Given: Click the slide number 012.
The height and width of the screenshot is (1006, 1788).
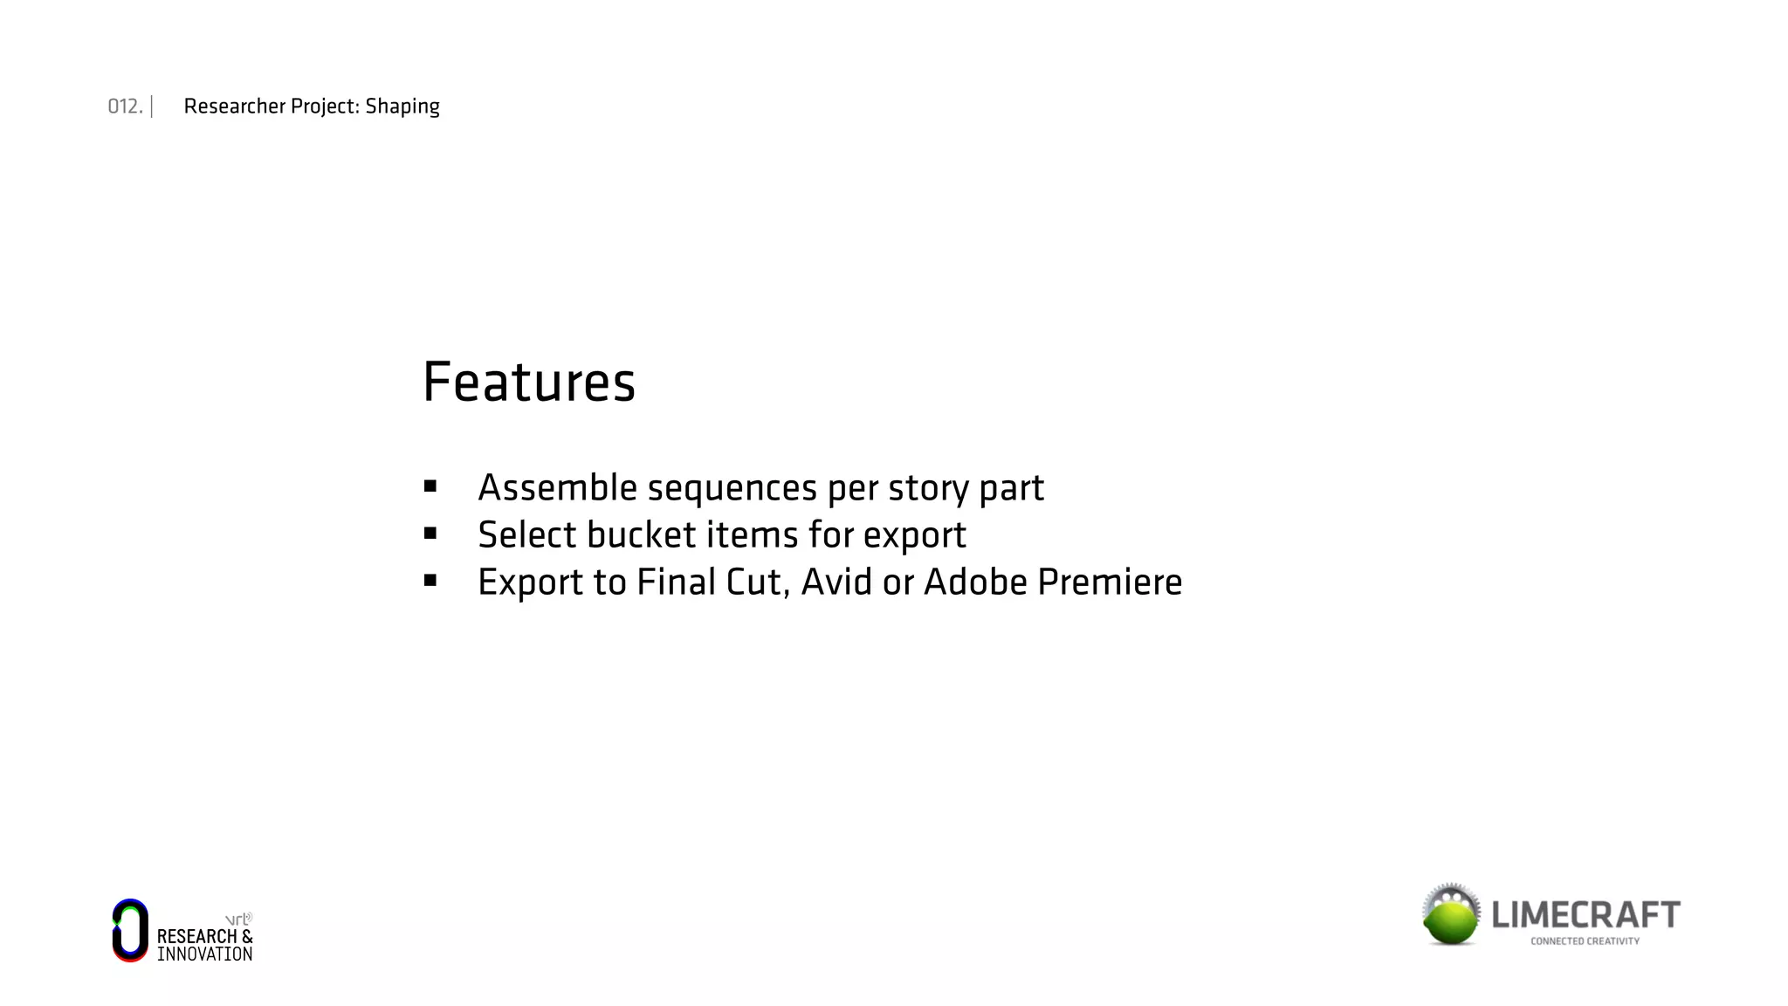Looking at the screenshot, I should (124, 107).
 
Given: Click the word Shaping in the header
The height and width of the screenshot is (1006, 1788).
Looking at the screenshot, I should (402, 107).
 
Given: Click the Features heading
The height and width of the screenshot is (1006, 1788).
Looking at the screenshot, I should (528, 382).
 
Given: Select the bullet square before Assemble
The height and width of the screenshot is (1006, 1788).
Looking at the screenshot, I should (430, 486).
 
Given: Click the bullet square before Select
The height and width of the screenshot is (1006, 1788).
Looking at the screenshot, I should (430, 534).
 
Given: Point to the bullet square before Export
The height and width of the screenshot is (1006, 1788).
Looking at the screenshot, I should (430, 581).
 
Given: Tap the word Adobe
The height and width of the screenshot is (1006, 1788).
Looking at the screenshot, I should (975, 582).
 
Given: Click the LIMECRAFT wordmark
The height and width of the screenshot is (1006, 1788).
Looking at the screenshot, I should (1585, 915).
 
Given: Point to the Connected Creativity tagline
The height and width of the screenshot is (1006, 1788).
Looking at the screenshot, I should (1585, 941).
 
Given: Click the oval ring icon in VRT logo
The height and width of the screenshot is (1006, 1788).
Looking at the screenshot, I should (130, 931).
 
